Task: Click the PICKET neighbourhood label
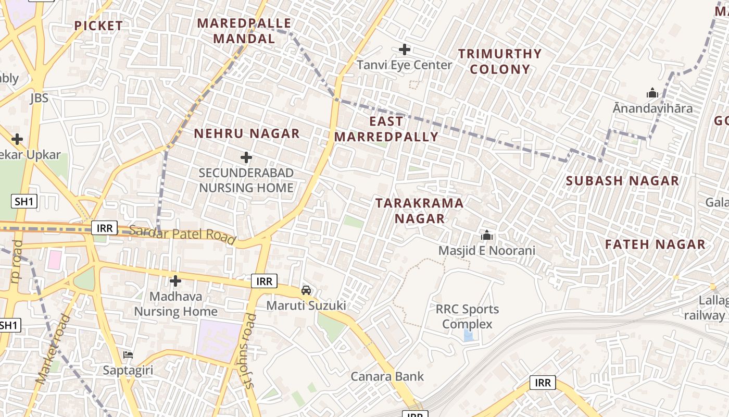click(x=98, y=26)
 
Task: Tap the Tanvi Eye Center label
click(x=405, y=65)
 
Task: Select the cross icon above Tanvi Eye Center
click(x=405, y=50)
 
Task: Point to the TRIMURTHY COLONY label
click(x=500, y=61)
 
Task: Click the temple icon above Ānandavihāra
click(x=652, y=93)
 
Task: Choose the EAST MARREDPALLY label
click(x=386, y=129)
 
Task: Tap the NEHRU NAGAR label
click(x=247, y=133)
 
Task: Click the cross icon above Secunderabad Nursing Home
click(x=246, y=157)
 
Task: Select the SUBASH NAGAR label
click(x=622, y=181)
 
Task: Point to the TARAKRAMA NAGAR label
click(x=420, y=211)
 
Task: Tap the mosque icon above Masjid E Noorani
click(x=487, y=235)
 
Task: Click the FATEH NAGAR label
click(x=655, y=244)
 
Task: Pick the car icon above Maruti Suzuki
click(x=306, y=290)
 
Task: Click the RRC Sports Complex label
click(x=467, y=316)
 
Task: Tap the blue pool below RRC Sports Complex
click(x=469, y=336)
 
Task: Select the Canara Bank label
click(x=387, y=376)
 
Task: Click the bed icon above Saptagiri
click(x=128, y=354)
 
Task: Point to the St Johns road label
click(x=250, y=351)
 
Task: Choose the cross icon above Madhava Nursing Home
click(x=175, y=281)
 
